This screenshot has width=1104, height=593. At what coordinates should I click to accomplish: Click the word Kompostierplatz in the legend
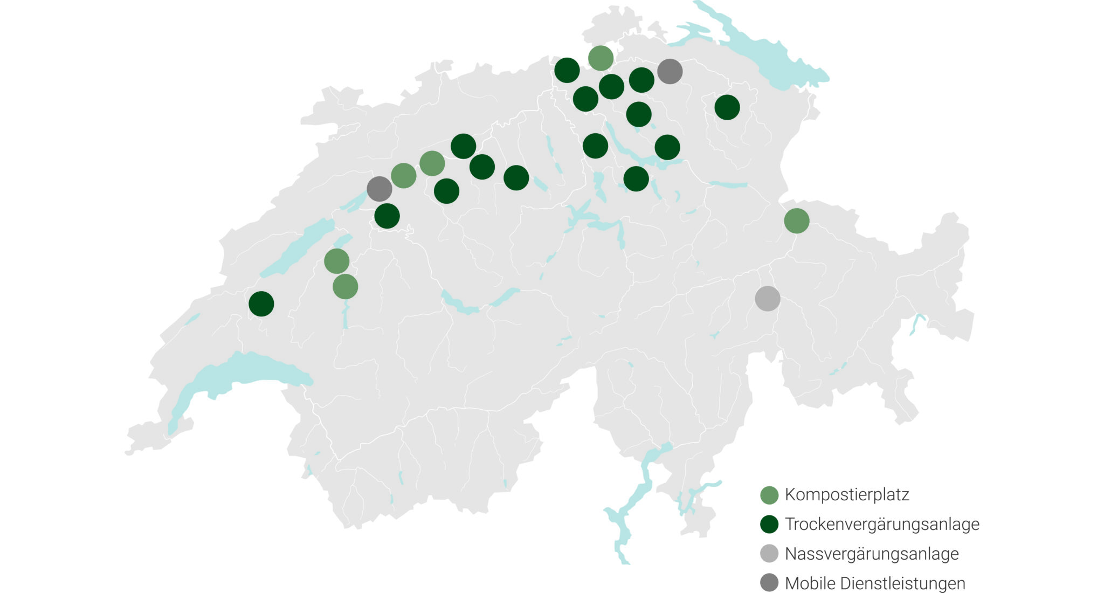tap(847, 494)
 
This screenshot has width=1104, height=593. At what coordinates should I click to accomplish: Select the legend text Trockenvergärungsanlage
tap(882, 524)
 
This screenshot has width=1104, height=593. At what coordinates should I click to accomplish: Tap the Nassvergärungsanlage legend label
tap(872, 554)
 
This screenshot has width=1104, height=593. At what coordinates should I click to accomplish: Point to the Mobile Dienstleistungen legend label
tap(875, 583)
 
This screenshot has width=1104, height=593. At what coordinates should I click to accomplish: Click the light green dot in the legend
tap(769, 495)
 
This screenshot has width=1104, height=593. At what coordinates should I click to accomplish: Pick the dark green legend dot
tap(769, 524)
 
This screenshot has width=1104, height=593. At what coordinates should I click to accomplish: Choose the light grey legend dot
tap(769, 554)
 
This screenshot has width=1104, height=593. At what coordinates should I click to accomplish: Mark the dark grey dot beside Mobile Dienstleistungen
tap(769, 583)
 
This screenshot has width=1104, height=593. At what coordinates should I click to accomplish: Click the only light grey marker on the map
tap(767, 299)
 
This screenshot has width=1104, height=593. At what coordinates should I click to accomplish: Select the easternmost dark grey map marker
tap(670, 71)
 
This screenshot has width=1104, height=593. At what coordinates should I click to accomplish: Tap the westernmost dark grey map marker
tap(379, 189)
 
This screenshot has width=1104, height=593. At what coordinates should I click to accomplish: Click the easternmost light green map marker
tap(797, 220)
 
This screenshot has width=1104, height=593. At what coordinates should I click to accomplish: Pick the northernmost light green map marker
tap(601, 58)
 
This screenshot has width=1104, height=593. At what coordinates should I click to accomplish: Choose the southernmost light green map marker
tap(345, 286)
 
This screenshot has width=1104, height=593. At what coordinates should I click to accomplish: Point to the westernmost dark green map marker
tap(261, 304)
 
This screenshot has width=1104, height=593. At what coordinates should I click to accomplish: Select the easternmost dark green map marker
tap(727, 107)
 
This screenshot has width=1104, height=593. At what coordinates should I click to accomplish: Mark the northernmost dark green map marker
tap(567, 70)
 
